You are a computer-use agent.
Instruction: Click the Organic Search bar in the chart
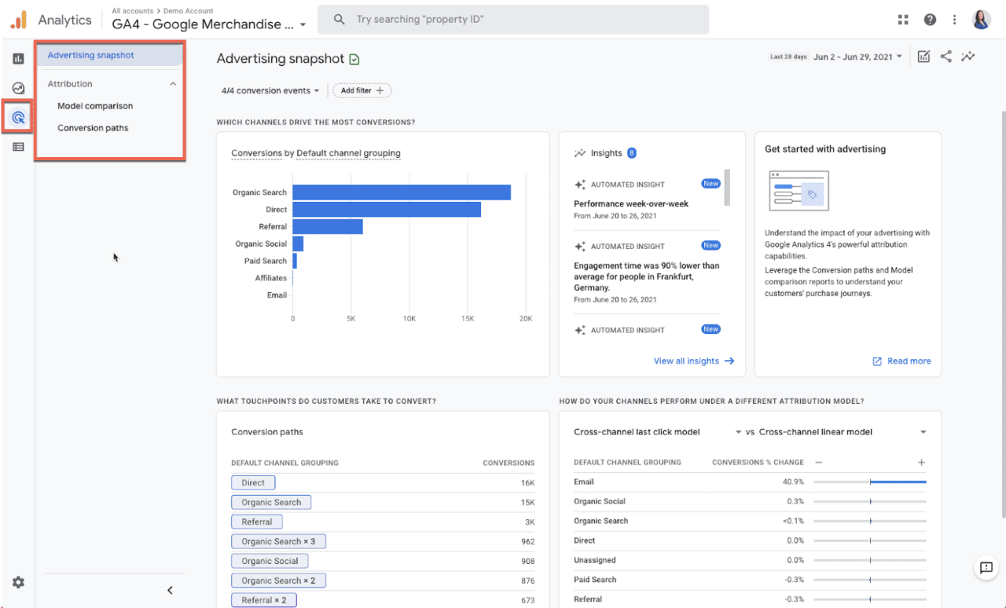[401, 192]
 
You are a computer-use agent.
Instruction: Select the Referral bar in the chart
[327, 226]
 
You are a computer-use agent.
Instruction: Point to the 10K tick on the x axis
[409, 319]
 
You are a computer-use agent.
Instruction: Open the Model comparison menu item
[95, 106]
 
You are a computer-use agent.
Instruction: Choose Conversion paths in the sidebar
[93, 128]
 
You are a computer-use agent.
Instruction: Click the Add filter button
[362, 90]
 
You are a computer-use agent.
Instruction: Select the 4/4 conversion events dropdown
[270, 90]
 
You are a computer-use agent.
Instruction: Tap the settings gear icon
[18, 582]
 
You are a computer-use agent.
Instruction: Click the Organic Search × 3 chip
[278, 541]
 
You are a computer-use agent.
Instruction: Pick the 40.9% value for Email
[793, 482]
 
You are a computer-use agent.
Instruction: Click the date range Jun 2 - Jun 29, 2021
[857, 57]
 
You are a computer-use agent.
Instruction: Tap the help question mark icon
[930, 20]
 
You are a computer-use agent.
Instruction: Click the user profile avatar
[981, 20]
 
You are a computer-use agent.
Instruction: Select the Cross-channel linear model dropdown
[842, 432]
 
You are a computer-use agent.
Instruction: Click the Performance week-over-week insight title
[631, 203]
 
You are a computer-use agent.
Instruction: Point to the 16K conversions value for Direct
[527, 483]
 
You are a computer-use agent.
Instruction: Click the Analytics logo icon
[18, 20]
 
